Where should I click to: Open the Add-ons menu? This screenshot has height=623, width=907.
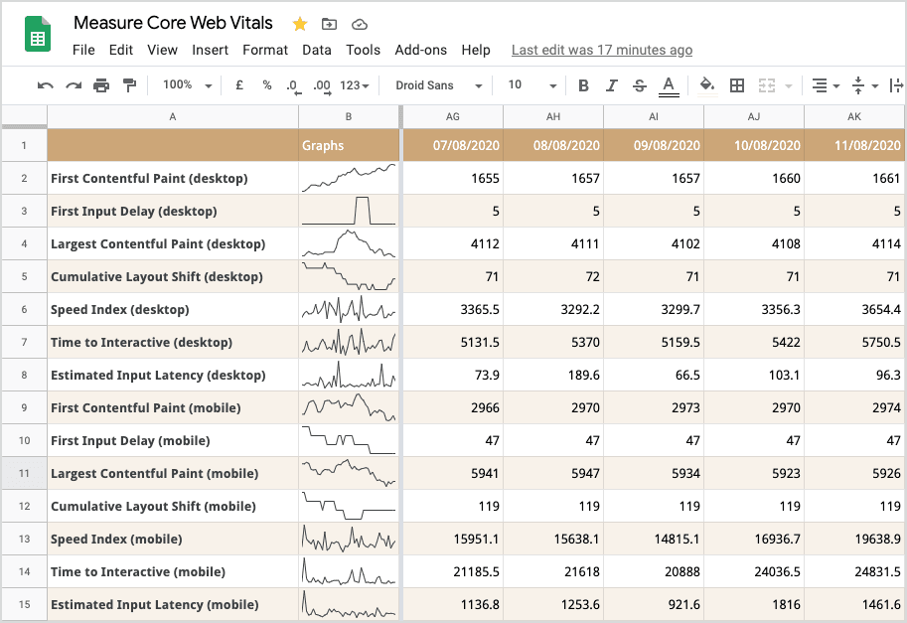420,50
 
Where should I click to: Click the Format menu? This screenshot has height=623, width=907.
265,50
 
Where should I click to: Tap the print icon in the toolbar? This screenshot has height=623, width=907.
101,85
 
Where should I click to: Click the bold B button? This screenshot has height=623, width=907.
583,85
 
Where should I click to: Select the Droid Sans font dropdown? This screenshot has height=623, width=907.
438,85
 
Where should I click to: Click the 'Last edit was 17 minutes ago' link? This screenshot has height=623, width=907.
601,50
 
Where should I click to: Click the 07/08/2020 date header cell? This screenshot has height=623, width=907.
452,145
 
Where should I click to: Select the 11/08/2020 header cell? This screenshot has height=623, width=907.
855,145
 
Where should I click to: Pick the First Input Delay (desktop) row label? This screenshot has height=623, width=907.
133,211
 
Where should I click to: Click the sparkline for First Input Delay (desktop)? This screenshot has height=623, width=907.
348,211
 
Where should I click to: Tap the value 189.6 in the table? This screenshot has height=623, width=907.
552,375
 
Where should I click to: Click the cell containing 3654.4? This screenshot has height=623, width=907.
855,309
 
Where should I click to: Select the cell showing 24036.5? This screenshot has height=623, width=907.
753,571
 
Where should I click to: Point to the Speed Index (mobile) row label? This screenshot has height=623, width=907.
116,539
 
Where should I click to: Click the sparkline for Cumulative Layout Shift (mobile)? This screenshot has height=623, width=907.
348,506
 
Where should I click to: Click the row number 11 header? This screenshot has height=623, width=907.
24,473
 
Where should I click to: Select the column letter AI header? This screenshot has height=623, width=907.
653,116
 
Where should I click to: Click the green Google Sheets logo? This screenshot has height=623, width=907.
38,38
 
